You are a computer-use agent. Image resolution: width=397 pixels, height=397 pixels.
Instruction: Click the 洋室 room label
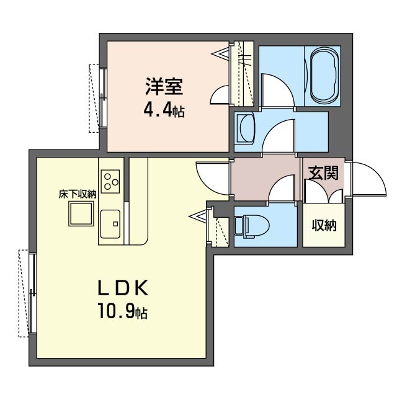tap(164, 86)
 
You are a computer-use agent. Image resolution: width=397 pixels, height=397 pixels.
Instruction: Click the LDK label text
tap(123, 288)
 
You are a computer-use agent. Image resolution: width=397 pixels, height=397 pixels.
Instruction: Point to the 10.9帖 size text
tap(123, 311)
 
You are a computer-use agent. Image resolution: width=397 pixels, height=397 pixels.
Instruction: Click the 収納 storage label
tap(324, 225)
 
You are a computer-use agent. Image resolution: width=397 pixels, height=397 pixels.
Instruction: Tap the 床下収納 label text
tap(78, 194)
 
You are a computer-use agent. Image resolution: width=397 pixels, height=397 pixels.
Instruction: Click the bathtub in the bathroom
tap(324, 76)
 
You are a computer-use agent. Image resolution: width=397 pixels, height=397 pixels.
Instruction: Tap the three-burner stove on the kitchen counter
tap(110, 181)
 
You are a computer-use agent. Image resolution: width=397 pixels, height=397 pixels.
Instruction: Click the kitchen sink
tap(110, 224)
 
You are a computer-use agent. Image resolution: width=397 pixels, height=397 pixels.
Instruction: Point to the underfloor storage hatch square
tap(81, 213)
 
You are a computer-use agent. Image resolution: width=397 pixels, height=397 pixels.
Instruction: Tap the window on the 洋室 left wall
tap(102, 98)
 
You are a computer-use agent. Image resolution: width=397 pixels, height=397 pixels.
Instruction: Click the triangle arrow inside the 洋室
tap(220, 53)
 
